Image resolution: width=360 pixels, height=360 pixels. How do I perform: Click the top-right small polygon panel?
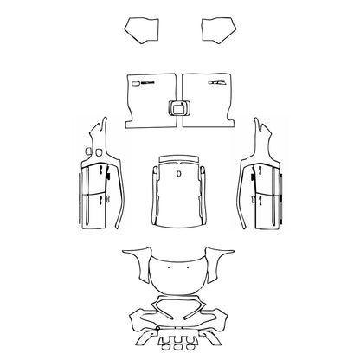(217, 30)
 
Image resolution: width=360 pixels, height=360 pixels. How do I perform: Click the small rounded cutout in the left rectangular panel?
(135, 83)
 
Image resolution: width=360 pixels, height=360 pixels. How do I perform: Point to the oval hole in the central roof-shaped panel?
(178, 171)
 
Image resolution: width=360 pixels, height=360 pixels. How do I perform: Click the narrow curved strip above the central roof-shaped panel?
(178, 157)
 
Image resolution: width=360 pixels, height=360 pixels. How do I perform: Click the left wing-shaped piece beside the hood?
(134, 260)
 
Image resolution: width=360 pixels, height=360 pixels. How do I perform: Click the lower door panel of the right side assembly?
(266, 212)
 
